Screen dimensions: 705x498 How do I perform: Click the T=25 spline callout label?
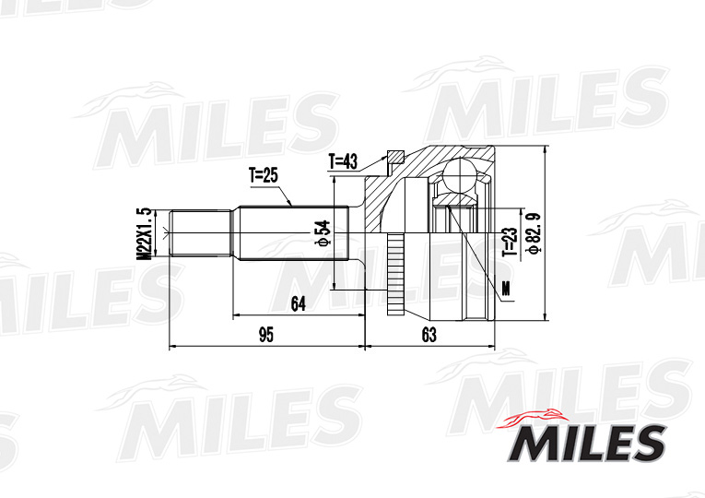pos(264,175)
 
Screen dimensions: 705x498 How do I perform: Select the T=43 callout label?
pos(343,161)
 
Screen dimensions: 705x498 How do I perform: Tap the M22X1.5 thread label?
pos(144,233)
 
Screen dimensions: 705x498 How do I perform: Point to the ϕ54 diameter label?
pos(323,232)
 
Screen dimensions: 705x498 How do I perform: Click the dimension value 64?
pos(298,304)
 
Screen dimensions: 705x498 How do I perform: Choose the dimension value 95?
pos(266,335)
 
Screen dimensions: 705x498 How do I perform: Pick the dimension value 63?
pos(429,335)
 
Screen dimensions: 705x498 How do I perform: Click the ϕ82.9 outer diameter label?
pos(534,233)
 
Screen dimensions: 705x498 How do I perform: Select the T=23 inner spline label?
pos(511,242)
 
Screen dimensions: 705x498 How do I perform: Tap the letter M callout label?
pos(507,288)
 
